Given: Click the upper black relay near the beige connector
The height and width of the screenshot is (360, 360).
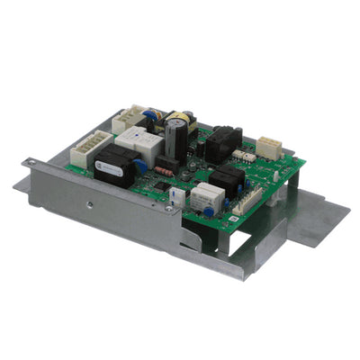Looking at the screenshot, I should click(x=222, y=144).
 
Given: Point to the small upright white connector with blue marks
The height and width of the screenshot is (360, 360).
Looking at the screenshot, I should click(x=181, y=197).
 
